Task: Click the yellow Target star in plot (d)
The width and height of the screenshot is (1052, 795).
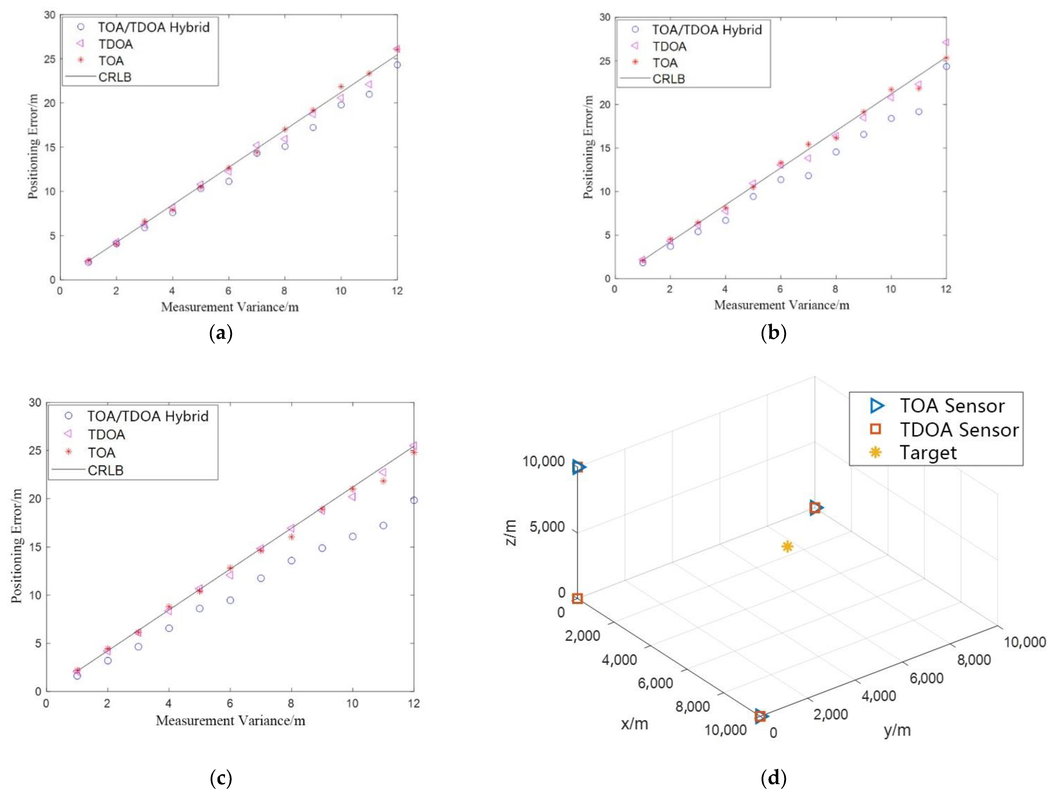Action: pos(787,546)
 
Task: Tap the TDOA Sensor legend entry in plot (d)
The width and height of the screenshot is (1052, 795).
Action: pos(958,429)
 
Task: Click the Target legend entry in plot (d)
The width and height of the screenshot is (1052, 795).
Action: pos(927,452)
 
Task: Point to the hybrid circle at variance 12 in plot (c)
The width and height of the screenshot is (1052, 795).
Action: pos(414,500)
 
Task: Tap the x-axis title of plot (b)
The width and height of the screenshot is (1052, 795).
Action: pos(781,305)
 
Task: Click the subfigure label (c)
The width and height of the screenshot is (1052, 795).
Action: pos(221,778)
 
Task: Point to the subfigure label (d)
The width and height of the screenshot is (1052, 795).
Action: pos(773,778)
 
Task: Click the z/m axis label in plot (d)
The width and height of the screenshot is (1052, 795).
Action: pos(510,532)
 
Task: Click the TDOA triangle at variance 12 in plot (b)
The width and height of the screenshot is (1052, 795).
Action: pos(946,42)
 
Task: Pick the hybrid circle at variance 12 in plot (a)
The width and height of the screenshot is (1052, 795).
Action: pos(397,65)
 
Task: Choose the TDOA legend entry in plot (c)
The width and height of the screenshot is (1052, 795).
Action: pos(106,434)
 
